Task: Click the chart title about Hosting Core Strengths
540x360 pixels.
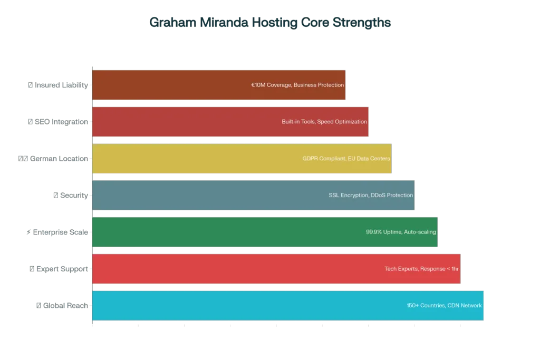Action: [x=270, y=23]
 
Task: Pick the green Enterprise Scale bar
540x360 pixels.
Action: [x=211, y=232]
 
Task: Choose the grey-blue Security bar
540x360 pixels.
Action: [x=200, y=195]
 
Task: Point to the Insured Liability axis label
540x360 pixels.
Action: [x=57, y=85]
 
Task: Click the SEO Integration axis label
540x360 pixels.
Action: [x=57, y=122]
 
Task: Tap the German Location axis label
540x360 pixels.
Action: [x=53, y=159]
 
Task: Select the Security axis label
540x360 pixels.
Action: [x=71, y=195]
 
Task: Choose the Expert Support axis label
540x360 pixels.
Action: [x=59, y=269]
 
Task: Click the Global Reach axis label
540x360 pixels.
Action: [x=62, y=305]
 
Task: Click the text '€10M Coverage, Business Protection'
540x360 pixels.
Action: [x=297, y=85]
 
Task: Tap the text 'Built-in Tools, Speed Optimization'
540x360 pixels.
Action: [x=324, y=122]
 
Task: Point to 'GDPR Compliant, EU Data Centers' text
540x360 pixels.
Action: [x=346, y=159]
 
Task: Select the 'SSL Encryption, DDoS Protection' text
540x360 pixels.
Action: [x=371, y=195]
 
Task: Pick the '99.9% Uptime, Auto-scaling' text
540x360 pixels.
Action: [x=401, y=232]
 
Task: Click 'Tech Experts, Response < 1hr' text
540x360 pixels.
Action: [x=422, y=269]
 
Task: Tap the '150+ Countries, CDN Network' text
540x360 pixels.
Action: [x=444, y=305]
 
